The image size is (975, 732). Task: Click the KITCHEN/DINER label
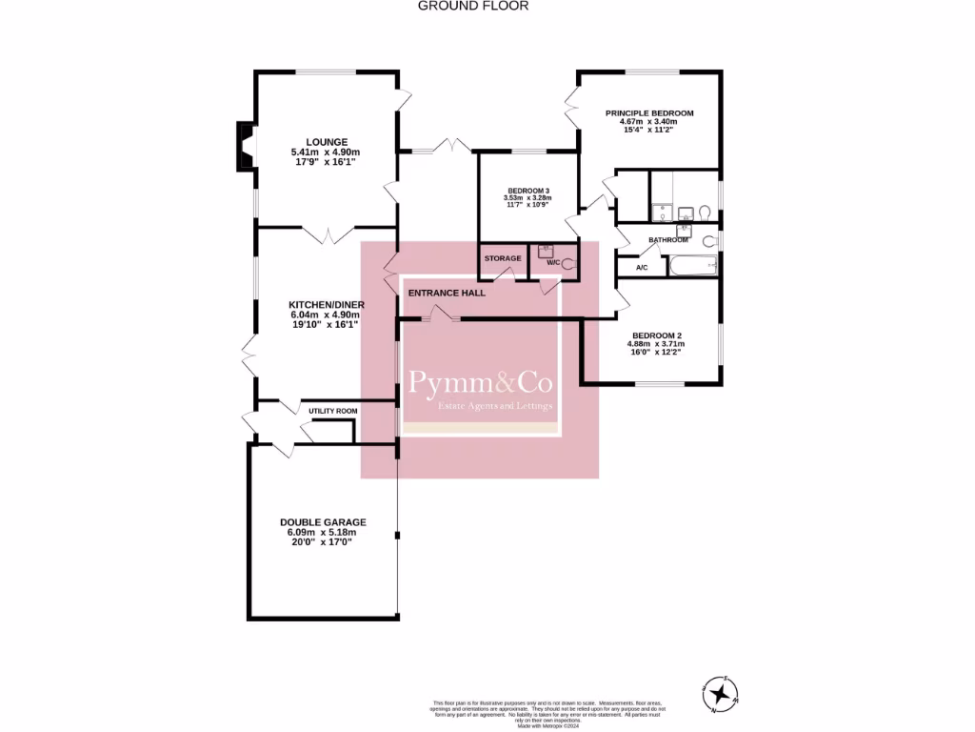[x=327, y=304]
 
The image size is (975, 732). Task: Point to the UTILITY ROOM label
[x=332, y=411]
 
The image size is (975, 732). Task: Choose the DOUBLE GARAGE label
[x=323, y=521]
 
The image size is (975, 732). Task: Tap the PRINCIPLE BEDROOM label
[x=649, y=113]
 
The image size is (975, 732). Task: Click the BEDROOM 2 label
[x=657, y=335]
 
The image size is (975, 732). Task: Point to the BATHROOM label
[x=667, y=240]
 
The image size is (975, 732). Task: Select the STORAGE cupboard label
[x=502, y=258]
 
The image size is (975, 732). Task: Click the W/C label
[x=551, y=260]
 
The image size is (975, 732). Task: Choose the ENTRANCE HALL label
[x=447, y=293]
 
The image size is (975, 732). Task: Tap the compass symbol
[x=721, y=694]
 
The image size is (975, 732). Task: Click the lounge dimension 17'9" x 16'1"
[x=326, y=162]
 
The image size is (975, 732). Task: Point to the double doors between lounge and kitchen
[x=328, y=233]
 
